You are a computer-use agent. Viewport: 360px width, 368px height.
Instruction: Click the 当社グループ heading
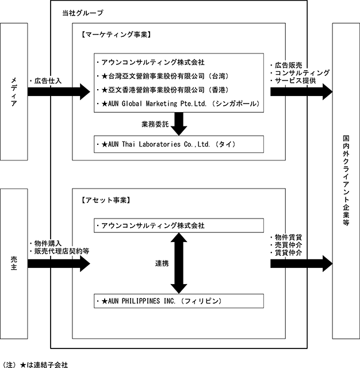point(83,13)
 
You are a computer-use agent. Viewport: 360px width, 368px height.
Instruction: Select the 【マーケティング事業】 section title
point(116,34)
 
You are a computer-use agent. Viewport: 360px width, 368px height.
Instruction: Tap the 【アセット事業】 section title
point(105,200)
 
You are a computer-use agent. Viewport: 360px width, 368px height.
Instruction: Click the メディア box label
point(14,92)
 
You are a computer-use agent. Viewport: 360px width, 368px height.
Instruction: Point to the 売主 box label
point(14,263)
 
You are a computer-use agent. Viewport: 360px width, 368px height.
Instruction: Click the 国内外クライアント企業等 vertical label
point(346,180)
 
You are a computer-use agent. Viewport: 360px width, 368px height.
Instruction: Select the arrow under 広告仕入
point(59,91)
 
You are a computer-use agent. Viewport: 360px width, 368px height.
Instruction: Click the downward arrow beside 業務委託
point(179,124)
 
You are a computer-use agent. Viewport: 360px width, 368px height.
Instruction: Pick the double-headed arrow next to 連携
point(179,263)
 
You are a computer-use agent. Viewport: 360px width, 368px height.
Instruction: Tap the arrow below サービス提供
point(301,91)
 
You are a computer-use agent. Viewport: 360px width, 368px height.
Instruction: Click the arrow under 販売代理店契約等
point(59,263)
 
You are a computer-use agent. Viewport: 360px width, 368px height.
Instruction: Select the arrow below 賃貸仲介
point(301,263)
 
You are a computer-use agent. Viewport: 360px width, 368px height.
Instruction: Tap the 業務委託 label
point(155,124)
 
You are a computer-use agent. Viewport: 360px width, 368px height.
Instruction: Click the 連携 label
point(162,263)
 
